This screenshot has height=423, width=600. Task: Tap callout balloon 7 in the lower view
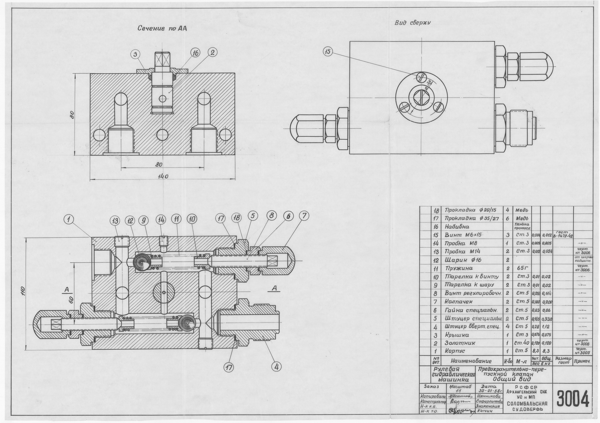pos(304,216)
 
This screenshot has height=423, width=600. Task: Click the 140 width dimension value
pos(163,176)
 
